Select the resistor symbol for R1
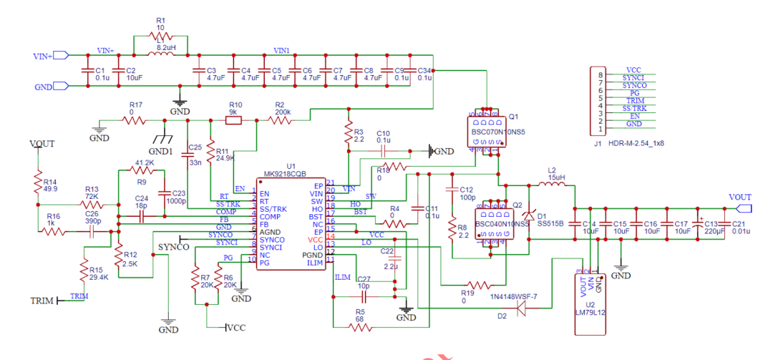(160, 36)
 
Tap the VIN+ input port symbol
(61, 55)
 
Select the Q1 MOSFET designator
(512, 116)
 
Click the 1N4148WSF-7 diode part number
(513, 297)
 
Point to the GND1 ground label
(160, 152)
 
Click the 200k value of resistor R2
(282, 112)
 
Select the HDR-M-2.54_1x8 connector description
(636, 143)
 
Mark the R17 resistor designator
(136, 104)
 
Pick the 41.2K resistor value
(144, 163)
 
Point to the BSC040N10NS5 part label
(500, 224)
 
